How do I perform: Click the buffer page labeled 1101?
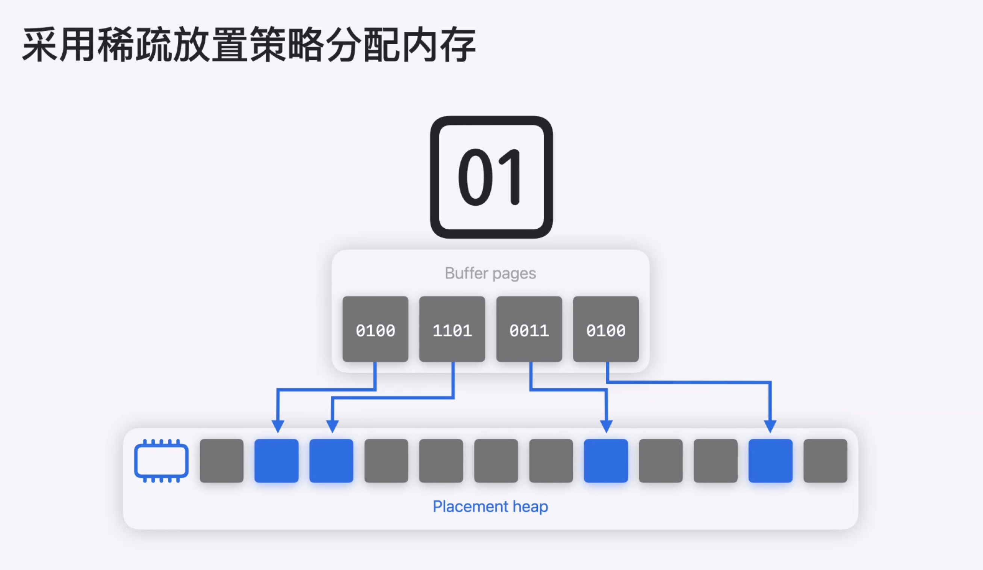tap(452, 329)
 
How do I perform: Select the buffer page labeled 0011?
tap(529, 329)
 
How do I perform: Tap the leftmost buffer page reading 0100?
tap(375, 329)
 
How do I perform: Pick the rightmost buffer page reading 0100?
tap(606, 329)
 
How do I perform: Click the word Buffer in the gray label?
tap(466, 273)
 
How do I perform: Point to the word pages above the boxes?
tap(514, 274)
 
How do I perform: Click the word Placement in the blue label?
tap(470, 507)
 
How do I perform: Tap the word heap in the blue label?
tap(530, 507)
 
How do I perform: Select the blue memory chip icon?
tap(162, 461)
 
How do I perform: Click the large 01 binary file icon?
tap(491, 177)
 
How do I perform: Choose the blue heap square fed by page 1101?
tap(331, 461)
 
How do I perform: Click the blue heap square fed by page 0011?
tap(606, 461)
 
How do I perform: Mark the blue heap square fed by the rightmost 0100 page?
tap(770, 461)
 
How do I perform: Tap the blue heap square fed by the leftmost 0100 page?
tap(276, 461)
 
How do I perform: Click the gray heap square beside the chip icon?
tap(222, 461)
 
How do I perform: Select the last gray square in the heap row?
tap(826, 461)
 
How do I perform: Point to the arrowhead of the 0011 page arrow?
tap(606, 426)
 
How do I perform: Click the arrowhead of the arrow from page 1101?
tap(332, 426)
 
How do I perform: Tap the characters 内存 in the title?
tap(439, 45)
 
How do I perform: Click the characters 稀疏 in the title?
tap(135, 45)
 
